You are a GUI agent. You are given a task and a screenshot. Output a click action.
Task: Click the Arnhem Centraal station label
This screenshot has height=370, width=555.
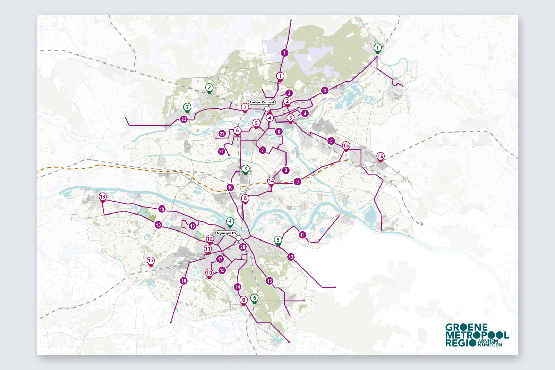(262, 102)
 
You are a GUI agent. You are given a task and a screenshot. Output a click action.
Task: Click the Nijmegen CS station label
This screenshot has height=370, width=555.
(226, 233)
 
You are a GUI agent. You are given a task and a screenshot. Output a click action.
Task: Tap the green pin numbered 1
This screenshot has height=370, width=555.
(377, 48)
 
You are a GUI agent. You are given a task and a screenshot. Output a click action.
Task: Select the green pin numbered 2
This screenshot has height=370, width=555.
(209, 88)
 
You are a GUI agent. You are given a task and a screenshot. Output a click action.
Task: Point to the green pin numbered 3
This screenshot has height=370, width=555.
(246, 169)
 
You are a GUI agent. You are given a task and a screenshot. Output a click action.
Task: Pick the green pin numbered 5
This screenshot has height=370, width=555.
(278, 240)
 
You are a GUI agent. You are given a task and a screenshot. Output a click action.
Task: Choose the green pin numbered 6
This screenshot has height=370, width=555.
(255, 298)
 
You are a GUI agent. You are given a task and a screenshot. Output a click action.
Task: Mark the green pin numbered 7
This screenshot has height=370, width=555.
(187, 107)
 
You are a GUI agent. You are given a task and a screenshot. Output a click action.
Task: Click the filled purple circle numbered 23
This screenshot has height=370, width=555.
(184, 119)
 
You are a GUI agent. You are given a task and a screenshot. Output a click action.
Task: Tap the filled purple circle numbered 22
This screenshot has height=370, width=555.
(222, 134)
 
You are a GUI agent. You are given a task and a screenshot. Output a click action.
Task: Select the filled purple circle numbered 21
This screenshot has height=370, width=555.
(222, 151)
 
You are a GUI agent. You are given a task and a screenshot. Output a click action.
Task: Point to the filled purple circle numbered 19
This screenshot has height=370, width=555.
(162, 209)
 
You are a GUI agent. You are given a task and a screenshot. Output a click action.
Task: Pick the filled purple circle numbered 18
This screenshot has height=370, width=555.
(158, 225)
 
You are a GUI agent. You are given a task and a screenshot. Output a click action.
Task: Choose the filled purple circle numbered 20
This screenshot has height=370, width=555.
(242, 247)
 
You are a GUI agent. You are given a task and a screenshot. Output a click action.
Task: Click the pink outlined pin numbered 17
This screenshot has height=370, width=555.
(151, 261)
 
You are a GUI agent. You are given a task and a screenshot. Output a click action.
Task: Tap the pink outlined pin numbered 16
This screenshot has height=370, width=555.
(380, 157)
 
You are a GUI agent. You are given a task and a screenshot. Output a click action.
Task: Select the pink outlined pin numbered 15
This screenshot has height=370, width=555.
(346, 145)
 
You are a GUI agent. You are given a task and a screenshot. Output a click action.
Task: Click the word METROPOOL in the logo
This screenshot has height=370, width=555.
(477, 335)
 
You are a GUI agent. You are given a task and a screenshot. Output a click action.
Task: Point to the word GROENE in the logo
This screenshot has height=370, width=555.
(466, 327)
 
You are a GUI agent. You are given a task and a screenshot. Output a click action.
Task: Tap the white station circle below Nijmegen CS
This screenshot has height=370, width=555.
(238, 238)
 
